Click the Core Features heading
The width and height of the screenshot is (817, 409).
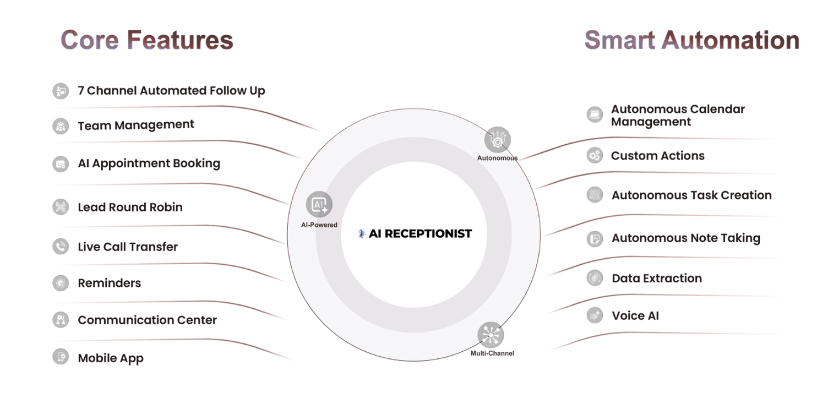pos(146,40)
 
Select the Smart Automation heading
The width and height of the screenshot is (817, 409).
pos(691,40)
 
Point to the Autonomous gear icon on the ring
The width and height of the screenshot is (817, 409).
pos(498,139)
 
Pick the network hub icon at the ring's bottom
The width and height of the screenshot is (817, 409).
pos(491,335)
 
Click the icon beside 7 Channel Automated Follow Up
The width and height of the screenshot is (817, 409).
pos(59,90)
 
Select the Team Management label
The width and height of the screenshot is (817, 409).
pos(136,125)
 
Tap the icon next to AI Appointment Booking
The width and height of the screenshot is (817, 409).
pos(59,163)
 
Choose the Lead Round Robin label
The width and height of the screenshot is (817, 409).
pos(130,207)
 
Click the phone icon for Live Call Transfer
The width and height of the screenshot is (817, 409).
pos(59,246)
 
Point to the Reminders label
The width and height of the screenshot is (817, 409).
pos(109,283)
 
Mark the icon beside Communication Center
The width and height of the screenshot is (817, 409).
pos(59,320)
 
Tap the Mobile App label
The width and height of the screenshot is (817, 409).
pos(110,358)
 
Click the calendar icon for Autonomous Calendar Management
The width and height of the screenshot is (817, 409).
pos(594,114)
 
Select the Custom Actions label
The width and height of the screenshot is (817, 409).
pos(657,156)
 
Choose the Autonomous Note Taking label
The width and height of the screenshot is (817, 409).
pos(686,238)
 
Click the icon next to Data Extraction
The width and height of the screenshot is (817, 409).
pos(595,277)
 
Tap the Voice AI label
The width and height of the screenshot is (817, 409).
pos(635,315)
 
